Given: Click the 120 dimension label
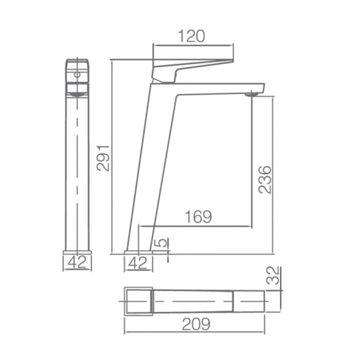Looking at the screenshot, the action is (x=191, y=36).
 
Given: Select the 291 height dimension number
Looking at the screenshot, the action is (x=103, y=158).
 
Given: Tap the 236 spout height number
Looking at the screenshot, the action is (x=265, y=179).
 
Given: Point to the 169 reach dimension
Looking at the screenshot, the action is (x=198, y=217).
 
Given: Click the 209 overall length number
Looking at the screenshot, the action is (x=196, y=324).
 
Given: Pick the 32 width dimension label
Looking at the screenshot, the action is (x=273, y=276).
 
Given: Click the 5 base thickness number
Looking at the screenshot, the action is (x=161, y=243).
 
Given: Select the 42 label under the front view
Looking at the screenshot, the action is (x=77, y=262).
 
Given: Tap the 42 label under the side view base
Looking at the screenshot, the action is (x=138, y=263).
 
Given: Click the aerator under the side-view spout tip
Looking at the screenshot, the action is (x=251, y=94).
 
